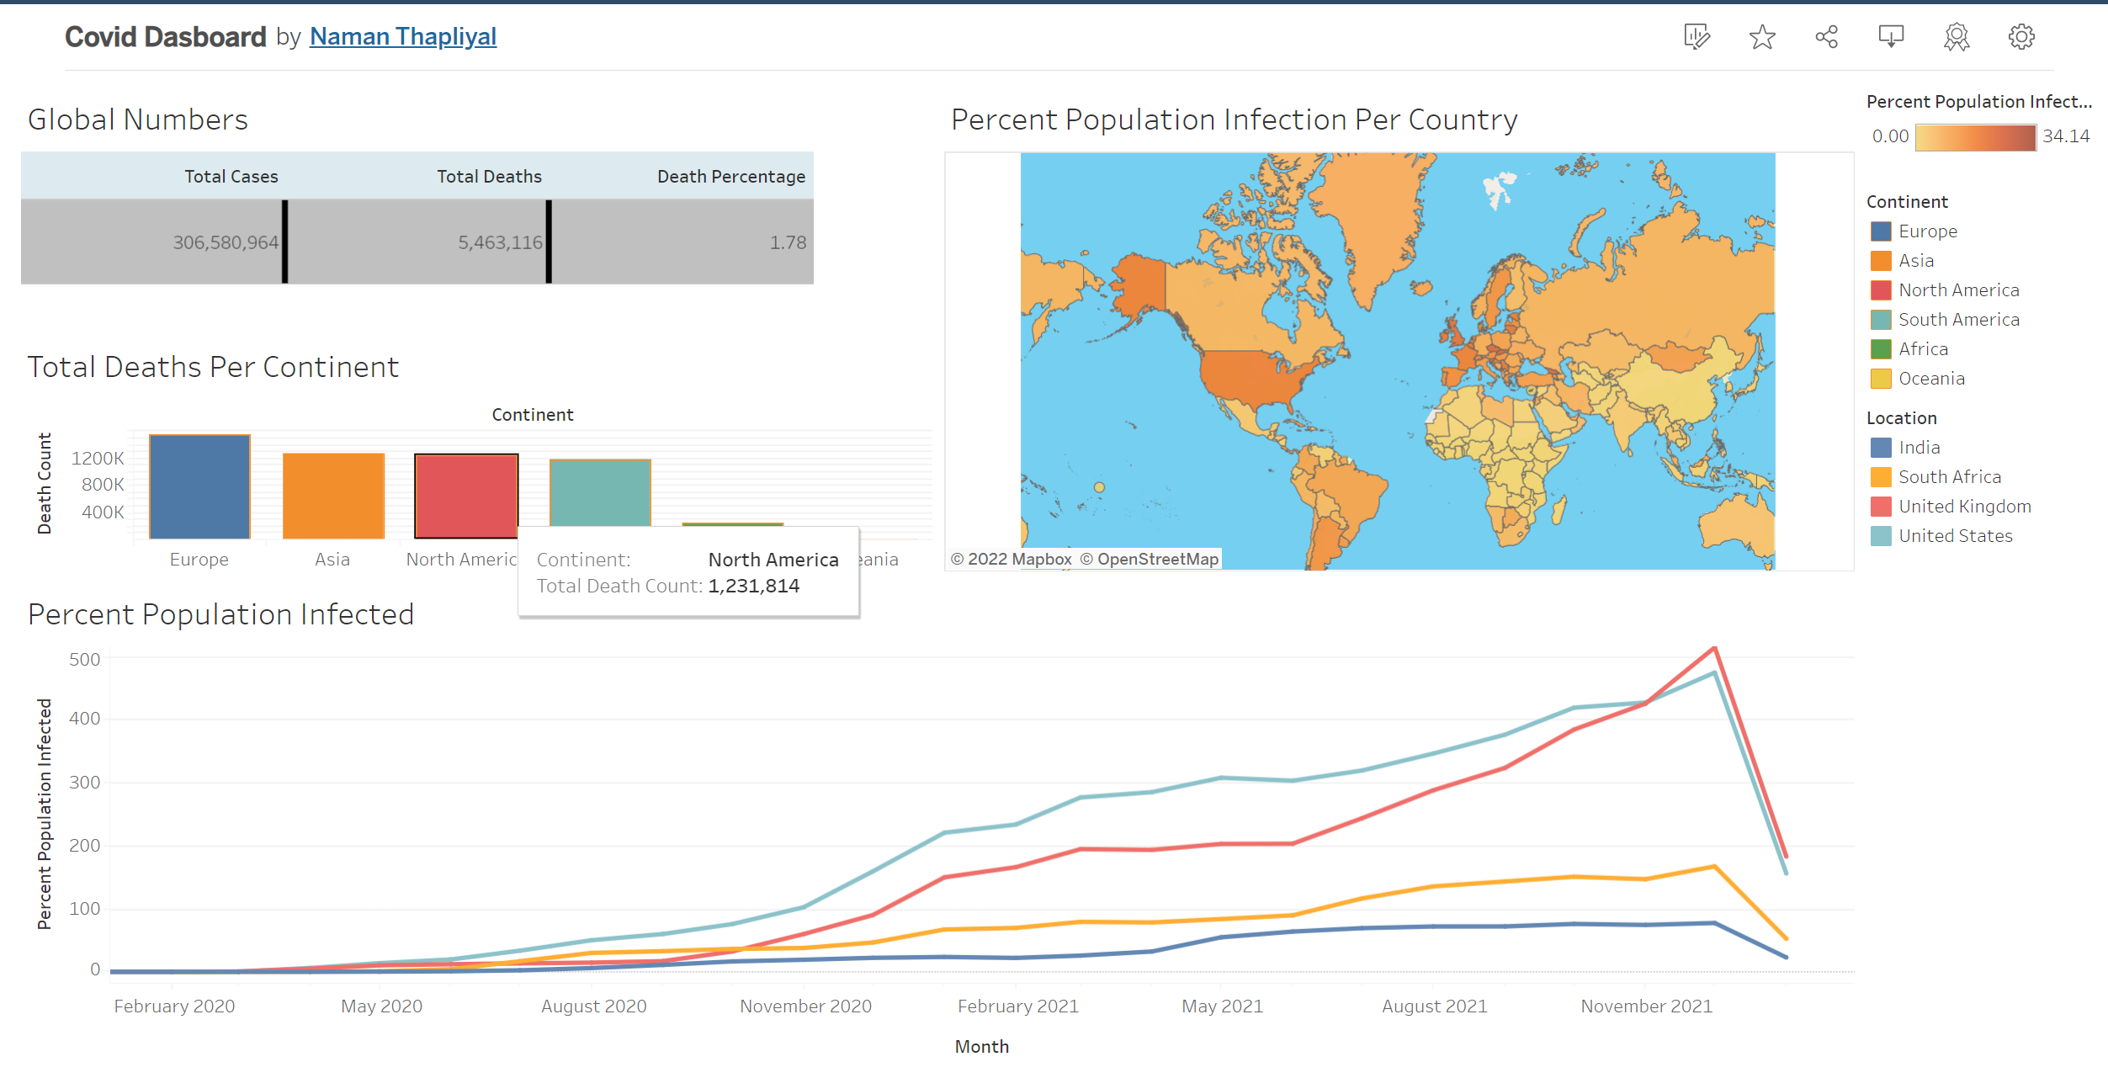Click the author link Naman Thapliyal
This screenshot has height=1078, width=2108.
coord(402,36)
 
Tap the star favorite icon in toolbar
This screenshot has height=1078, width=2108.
coord(1761,37)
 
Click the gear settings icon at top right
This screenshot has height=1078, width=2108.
coord(2020,37)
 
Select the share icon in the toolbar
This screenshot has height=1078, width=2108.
coord(1826,37)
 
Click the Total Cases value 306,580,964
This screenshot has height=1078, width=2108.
coord(225,242)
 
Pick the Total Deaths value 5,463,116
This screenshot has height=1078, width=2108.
coord(500,242)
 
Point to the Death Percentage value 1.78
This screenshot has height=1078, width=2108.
coord(788,242)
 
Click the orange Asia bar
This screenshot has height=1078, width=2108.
coord(333,496)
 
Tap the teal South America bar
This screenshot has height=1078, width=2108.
coord(600,492)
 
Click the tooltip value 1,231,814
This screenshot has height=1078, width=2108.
coord(753,586)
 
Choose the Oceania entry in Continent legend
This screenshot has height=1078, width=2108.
coord(1930,379)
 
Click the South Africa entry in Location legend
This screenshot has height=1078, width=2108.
coord(1949,477)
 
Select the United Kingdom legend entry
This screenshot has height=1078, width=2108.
coord(1964,507)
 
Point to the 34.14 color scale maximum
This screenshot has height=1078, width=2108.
coord(2065,136)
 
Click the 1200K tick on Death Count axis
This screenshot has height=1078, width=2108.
coord(98,459)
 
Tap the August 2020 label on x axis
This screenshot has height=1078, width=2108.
coord(593,1006)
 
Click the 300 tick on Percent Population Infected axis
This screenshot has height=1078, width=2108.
coord(84,783)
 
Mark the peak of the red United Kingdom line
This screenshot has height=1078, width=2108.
coord(1714,647)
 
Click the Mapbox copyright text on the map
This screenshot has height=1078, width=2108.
coord(1011,559)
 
